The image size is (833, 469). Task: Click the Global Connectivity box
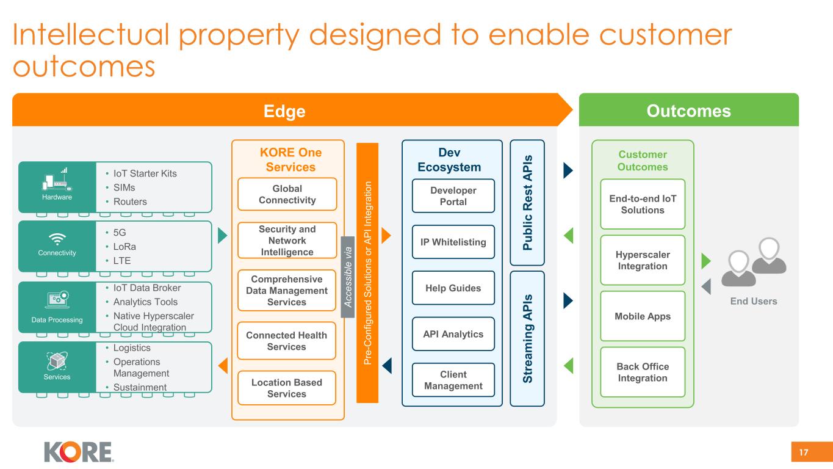pos(287,194)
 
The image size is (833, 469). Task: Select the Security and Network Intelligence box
pos(287,240)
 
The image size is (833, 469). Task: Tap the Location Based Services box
pos(287,388)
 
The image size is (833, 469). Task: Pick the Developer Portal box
pos(453,195)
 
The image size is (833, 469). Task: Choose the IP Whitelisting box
pos(453,242)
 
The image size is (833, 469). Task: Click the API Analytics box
pos(453,333)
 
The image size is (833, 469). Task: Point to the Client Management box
pos(453,380)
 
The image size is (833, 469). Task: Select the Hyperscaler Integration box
pos(642,260)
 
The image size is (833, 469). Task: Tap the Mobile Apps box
pos(642,316)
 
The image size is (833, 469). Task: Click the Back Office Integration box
pos(642,372)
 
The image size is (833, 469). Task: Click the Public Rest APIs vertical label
pos(527,203)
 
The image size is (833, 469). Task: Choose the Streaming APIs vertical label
pos(527,338)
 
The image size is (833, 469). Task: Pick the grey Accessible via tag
pos(348,277)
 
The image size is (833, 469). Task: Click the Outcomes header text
pos(688,111)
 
